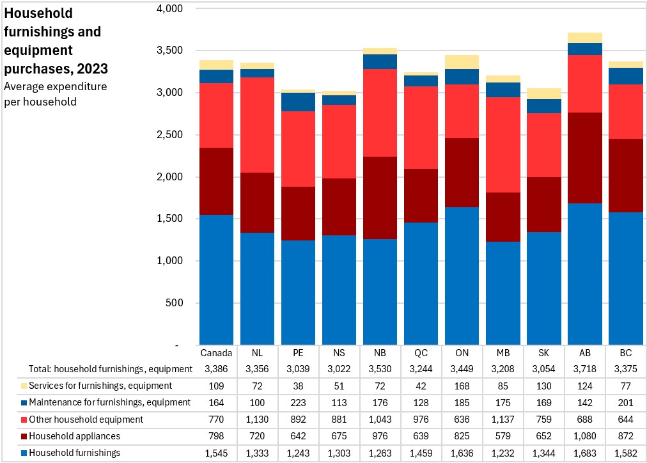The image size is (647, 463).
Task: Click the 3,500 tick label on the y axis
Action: pyautogui.click(x=169, y=51)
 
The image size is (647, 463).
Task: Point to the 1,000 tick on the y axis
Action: pyautogui.click(x=169, y=261)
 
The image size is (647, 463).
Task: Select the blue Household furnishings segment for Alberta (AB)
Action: pyautogui.click(x=585, y=274)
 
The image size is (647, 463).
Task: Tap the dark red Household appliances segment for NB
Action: pyautogui.click(x=380, y=198)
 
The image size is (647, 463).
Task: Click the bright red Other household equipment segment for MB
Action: pyautogui.click(x=503, y=145)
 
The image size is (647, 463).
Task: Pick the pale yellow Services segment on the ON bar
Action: pyautogui.click(x=462, y=62)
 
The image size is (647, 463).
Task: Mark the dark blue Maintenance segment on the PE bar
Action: pyautogui.click(x=299, y=102)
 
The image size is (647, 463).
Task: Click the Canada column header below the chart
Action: pyautogui.click(x=216, y=353)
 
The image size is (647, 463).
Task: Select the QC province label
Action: pyautogui.click(x=421, y=353)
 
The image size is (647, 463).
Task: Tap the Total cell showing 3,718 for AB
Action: pyautogui.click(x=585, y=369)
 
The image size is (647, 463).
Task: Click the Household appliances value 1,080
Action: pyautogui.click(x=585, y=436)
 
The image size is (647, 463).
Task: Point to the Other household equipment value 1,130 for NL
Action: pyautogui.click(x=257, y=420)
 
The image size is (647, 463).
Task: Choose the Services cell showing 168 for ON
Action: pyautogui.click(x=462, y=386)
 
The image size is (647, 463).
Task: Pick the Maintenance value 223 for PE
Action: pyautogui.click(x=299, y=403)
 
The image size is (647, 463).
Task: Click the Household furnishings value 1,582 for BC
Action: pyautogui.click(x=625, y=453)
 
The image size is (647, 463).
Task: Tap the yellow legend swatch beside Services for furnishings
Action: pyautogui.click(x=24, y=386)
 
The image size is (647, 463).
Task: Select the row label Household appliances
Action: pyautogui.click(x=75, y=436)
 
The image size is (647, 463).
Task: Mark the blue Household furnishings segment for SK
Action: pyautogui.click(x=544, y=288)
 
